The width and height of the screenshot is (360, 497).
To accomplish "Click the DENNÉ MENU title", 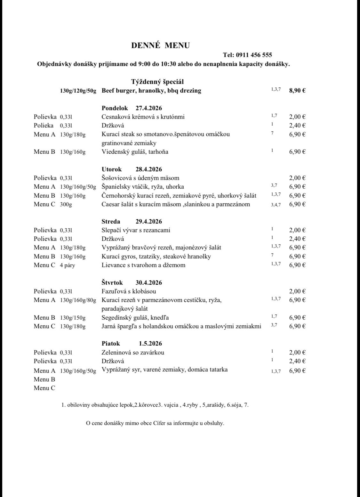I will [x=160, y=45].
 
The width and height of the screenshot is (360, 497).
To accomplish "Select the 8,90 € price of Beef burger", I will [x=297, y=91].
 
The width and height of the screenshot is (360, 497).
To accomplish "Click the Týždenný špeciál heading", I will [x=157, y=82].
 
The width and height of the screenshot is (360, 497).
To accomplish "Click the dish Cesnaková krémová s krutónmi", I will [x=143, y=117].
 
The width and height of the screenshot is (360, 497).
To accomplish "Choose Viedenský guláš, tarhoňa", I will [x=135, y=152].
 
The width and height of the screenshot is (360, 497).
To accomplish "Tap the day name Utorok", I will [x=112, y=169].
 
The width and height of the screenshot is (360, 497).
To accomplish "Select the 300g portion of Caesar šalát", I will [x=66, y=204].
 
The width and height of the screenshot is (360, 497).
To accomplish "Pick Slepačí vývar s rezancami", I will [x=136, y=230].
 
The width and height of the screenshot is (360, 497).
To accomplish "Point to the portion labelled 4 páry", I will [x=68, y=265].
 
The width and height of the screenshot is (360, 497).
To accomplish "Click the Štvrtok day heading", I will [x=112, y=283].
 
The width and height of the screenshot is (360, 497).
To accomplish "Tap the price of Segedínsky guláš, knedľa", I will [x=297, y=318].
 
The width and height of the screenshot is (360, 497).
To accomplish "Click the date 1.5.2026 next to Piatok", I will [x=150, y=344].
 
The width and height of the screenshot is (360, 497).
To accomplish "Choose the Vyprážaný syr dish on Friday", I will [x=164, y=370].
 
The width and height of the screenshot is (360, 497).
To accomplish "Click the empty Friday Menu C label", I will [x=44, y=388].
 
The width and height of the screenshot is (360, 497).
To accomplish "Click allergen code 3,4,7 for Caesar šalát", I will [x=276, y=205].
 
